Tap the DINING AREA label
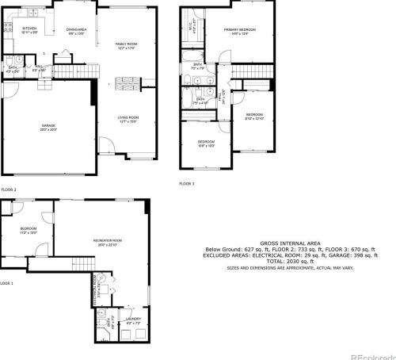[75, 30]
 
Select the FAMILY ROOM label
[126, 45]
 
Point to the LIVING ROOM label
[128, 119]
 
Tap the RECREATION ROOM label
[106, 240]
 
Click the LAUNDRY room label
[134, 320]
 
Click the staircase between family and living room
[127, 84]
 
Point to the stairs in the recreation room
[79, 265]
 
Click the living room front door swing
[105, 147]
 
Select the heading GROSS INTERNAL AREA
[289, 244]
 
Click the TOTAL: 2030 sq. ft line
[289, 262]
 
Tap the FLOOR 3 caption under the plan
[186, 183]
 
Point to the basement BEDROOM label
[29, 231]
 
